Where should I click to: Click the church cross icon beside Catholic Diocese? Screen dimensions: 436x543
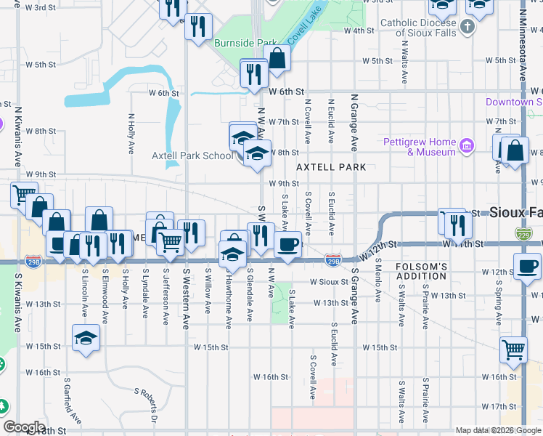point(468,28)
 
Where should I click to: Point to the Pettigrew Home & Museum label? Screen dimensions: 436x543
point(420,147)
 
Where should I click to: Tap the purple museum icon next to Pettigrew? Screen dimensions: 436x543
point(468,147)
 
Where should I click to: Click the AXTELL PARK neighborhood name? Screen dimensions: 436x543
point(330,167)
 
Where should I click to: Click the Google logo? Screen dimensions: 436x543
point(24,427)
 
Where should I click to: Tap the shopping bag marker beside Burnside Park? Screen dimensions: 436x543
point(277,59)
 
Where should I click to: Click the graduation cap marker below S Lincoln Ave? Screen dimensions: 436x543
point(86,338)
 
